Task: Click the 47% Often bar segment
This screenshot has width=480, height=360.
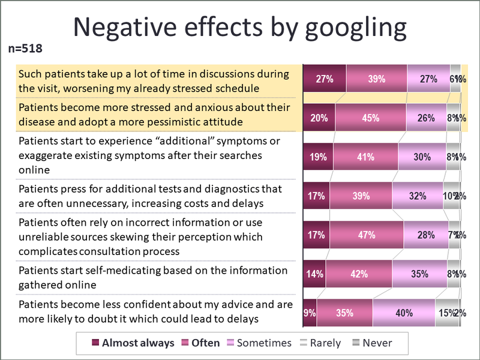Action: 367,235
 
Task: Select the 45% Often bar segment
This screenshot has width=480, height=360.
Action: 370,118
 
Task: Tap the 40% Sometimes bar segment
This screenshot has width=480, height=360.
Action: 403,313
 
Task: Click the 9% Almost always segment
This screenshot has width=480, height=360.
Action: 310,313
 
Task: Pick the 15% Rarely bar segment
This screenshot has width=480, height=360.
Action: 446,313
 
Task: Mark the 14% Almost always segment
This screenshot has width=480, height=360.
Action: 314,274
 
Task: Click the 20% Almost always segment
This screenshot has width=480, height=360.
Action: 319,118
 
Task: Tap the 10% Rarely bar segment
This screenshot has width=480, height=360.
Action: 450,196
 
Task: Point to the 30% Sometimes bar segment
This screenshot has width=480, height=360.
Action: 422,157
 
